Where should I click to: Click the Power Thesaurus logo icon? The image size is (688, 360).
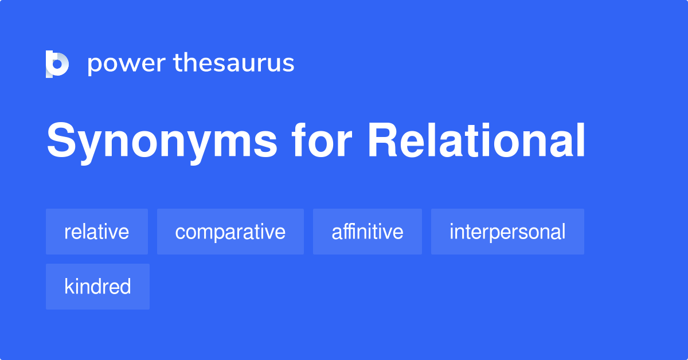pos(57,64)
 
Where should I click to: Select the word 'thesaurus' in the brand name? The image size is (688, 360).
pos(234,63)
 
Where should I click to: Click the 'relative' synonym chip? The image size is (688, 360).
pos(97,232)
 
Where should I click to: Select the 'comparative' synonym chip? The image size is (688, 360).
pos(230,232)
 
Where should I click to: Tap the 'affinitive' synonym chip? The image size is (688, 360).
pos(367,232)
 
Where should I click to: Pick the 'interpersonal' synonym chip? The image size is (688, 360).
pos(507,232)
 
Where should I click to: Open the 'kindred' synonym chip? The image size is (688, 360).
pos(97,287)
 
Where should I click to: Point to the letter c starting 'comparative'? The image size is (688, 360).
pos(179,233)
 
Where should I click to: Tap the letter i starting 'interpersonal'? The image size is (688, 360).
pos(452,231)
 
